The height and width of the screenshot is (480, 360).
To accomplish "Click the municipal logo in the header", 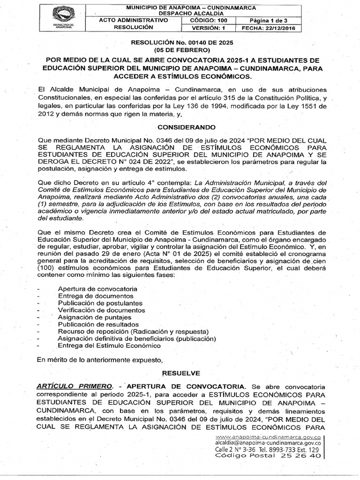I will (x=63, y=16).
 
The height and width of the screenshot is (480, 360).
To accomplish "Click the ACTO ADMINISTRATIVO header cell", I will (x=134, y=21).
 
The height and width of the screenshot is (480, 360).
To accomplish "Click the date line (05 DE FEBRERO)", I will (x=184, y=50).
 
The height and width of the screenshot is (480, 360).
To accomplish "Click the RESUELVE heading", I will (x=174, y=373).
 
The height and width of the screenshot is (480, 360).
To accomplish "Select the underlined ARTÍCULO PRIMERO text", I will (x=75, y=386).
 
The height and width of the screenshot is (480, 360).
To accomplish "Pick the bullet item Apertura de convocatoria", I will (x=97, y=289).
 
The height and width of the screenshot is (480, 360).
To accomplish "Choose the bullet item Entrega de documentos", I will (x=96, y=296).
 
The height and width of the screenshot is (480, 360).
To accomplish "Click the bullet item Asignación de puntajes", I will (x=98, y=317).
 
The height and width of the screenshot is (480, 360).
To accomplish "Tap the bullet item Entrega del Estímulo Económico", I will (x=109, y=345).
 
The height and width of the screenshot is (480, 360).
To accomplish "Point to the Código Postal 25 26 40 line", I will (x=268, y=455).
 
